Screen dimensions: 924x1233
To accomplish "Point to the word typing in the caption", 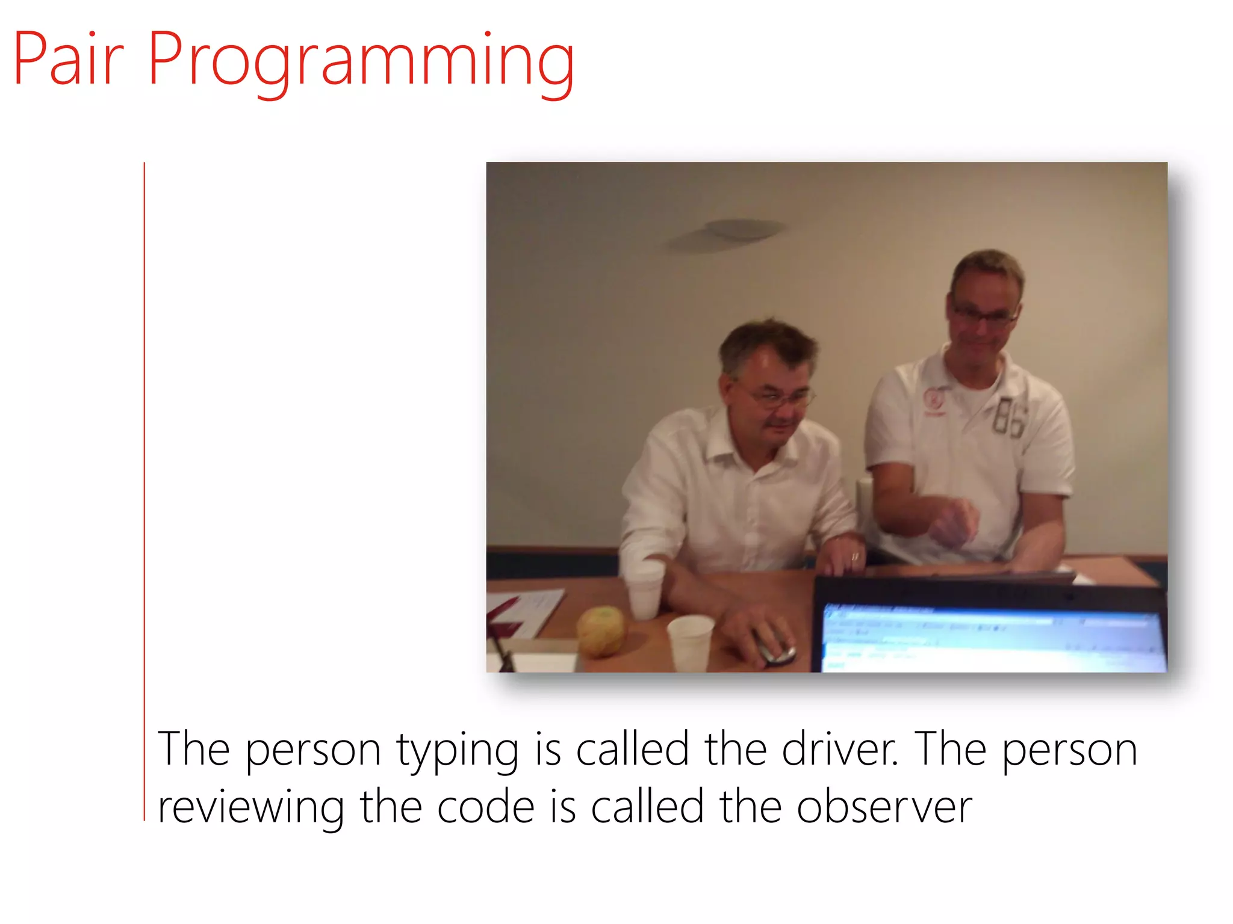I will tap(457, 751).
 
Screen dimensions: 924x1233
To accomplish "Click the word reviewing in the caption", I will tap(250, 808).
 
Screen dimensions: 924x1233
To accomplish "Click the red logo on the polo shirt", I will tap(934, 401).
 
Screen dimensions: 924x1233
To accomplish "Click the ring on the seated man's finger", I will tap(854, 556).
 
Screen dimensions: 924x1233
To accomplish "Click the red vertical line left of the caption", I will tap(144, 490).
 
